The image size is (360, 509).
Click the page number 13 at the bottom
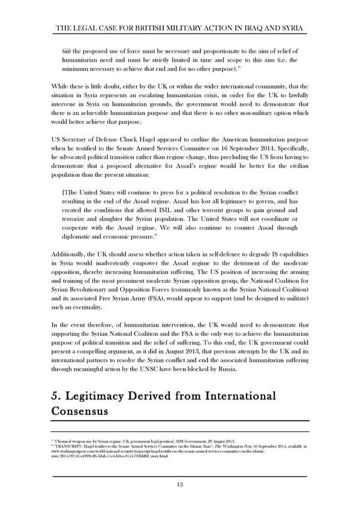pos(180,484)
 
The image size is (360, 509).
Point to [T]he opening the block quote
pos(70,191)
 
